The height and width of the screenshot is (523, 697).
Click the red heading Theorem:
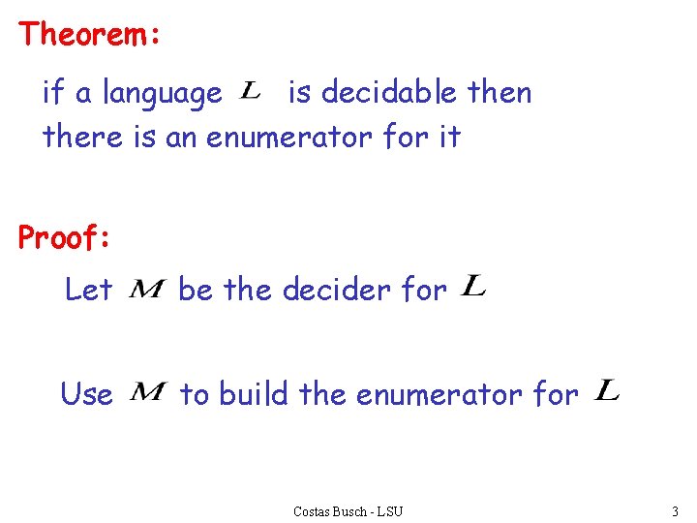tap(89, 35)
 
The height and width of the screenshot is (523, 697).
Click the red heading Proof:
tap(65, 237)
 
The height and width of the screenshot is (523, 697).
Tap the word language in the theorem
tap(162, 94)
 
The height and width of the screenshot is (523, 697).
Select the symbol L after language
tap(250, 91)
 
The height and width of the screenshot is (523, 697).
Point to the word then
tap(500, 92)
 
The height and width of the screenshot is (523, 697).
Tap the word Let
tap(88, 289)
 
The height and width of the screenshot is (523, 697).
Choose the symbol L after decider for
tap(473, 286)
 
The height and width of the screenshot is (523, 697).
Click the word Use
tap(86, 394)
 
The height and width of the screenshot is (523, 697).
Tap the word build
tap(254, 394)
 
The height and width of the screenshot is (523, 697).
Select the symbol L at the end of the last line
tap(607, 390)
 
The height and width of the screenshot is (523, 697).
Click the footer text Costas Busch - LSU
tap(348, 510)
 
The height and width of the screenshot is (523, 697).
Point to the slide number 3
tap(674, 510)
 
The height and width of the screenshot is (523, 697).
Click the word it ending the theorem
tap(449, 137)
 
